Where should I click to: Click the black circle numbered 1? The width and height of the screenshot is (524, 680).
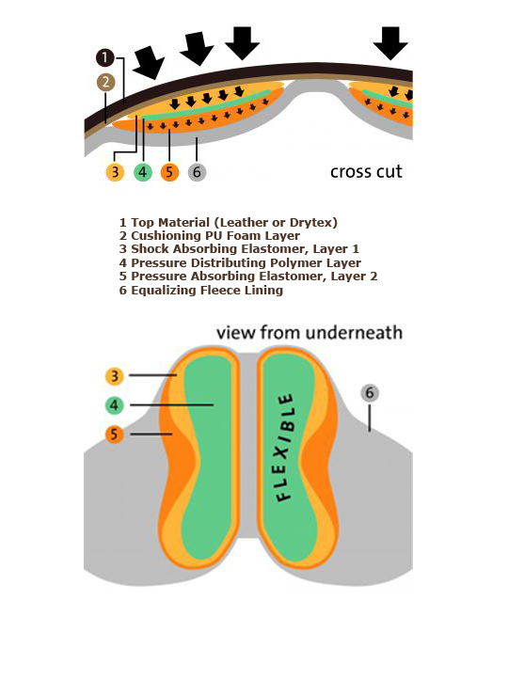point(105,57)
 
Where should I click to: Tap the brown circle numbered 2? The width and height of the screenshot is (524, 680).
point(106,82)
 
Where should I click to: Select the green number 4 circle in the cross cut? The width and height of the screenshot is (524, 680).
point(143,172)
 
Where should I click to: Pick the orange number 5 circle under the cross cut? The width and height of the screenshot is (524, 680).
point(169,172)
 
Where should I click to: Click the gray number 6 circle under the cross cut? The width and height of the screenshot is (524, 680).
point(197,172)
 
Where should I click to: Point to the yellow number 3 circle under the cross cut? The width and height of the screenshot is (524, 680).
point(115,172)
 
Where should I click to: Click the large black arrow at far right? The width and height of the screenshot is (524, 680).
point(390,43)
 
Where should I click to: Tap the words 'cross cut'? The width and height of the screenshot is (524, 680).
point(366,172)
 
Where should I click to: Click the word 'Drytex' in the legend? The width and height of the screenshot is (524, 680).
point(313,223)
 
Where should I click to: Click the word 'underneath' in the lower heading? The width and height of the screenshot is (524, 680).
point(354,333)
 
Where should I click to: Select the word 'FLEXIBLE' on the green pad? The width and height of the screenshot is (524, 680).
point(285,448)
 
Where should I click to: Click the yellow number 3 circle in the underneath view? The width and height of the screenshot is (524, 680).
point(115,376)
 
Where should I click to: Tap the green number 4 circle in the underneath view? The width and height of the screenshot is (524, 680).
point(114,405)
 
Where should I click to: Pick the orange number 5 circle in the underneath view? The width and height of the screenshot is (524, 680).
point(114,435)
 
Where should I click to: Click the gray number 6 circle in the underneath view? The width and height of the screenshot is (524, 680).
point(370,393)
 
